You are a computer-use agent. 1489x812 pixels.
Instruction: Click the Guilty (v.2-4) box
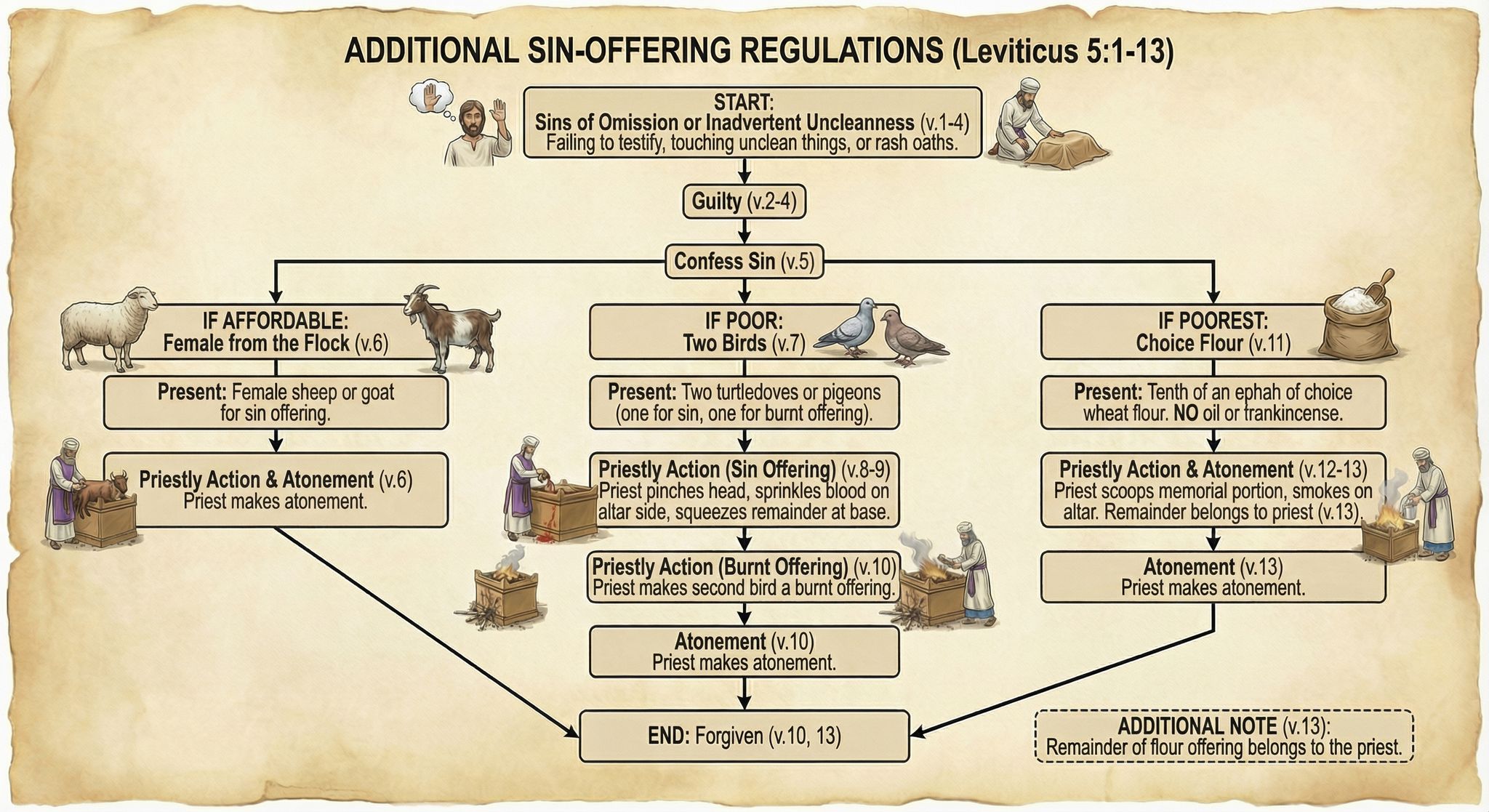tap(744, 201)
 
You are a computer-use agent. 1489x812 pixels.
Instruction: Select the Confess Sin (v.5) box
tap(744, 262)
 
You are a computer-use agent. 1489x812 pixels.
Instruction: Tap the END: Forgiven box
tap(744, 736)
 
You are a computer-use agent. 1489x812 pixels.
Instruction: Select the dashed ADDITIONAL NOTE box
tap(1224, 736)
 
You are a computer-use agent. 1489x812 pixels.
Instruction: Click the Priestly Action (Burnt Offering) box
tap(744, 577)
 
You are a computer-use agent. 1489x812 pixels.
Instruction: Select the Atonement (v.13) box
tap(1213, 577)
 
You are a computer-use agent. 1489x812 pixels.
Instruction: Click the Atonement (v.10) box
tap(744, 652)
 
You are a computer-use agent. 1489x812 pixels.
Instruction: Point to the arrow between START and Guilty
tap(744, 172)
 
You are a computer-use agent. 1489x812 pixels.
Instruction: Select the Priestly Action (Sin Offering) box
tap(744, 489)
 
